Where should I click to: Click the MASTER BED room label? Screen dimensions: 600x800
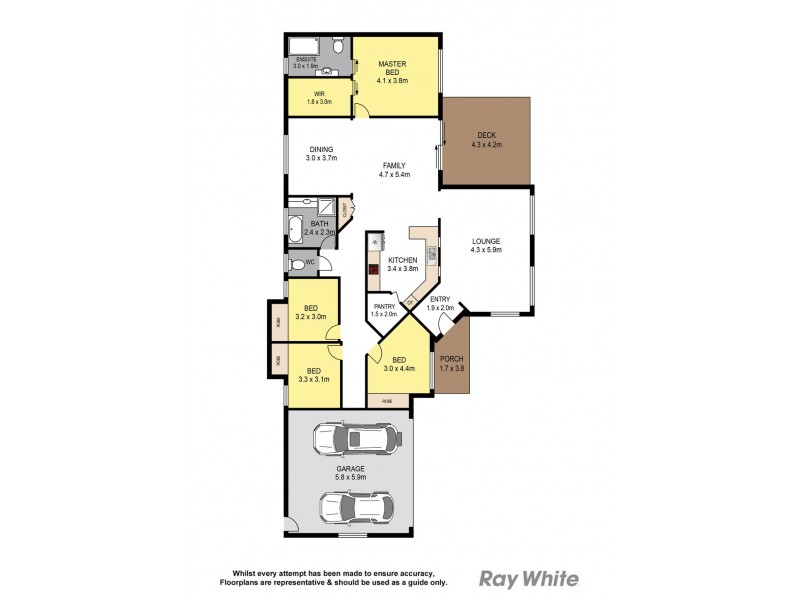tap(390, 69)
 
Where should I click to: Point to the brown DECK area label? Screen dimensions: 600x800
tap(486, 139)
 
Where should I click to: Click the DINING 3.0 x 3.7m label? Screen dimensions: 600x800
tap(322, 154)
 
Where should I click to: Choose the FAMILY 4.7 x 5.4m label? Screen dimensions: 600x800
tap(397, 169)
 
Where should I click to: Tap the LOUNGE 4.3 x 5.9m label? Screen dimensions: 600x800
tap(486, 245)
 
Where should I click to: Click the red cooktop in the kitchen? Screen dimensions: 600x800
tap(373, 269)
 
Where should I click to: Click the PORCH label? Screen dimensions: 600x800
tap(452, 363)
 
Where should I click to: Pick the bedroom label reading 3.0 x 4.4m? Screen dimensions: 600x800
tap(398, 365)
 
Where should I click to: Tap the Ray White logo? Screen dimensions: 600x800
tap(529, 578)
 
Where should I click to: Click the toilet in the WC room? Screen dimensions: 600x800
tap(298, 265)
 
